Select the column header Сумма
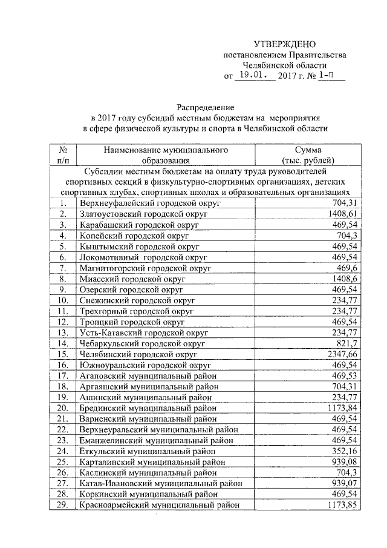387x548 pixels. click(x=308, y=150)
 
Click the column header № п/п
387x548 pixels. click(x=62, y=155)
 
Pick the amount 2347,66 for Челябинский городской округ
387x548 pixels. click(x=343, y=354)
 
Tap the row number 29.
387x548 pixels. click(x=62, y=505)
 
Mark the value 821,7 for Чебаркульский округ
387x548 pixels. click(x=347, y=343)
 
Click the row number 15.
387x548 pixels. click(x=62, y=354)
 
